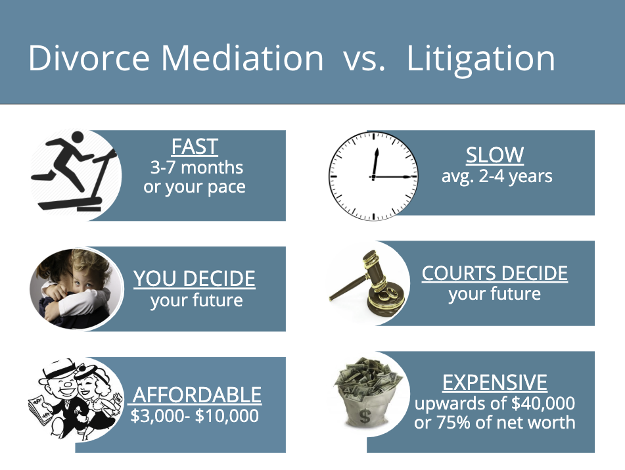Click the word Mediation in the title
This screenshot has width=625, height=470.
point(243,59)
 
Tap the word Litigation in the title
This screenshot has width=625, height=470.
point(480,59)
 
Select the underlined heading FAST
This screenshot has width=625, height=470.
point(194,146)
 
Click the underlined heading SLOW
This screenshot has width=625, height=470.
point(495,155)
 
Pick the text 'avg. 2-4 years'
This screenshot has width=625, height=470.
point(497,176)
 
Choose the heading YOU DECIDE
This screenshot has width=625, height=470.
point(195,279)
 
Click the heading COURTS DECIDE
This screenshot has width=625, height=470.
point(494,273)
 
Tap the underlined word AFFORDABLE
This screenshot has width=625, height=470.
point(197,395)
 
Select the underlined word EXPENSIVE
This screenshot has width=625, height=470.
point(495,382)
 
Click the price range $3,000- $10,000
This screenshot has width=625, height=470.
point(195,416)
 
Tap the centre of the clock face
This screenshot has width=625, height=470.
point(373,176)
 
